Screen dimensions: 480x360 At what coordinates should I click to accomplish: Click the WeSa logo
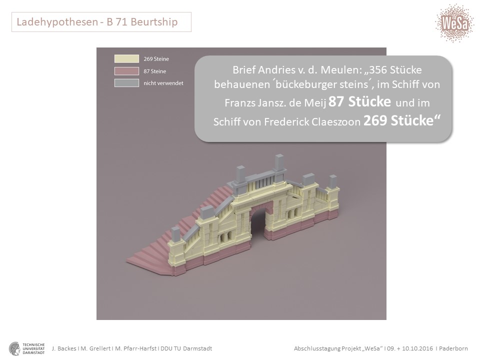click(x=454, y=23)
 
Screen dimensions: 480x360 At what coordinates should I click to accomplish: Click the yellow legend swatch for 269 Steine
click(x=126, y=59)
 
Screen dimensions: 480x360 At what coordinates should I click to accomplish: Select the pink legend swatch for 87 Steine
click(x=126, y=71)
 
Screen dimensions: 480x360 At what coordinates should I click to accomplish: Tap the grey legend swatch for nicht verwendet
click(x=126, y=83)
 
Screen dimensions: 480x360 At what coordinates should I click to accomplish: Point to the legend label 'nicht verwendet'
click(x=163, y=83)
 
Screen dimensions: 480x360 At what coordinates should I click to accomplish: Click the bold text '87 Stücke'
click(x=359, y=101)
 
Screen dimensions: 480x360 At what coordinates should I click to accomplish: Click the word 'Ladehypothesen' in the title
click(x=57, y=22)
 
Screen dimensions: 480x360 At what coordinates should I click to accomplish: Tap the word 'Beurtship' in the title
click(x=154, y=22)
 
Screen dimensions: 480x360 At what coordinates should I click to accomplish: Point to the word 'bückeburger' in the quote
click(x=306, y=84)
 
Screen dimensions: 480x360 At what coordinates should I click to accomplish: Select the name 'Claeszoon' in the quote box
click(x=336, y=122)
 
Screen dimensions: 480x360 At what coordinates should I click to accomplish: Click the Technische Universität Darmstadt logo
click(x=27, y=348)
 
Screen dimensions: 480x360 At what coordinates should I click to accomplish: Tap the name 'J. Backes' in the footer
click(x=64, y=348)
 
